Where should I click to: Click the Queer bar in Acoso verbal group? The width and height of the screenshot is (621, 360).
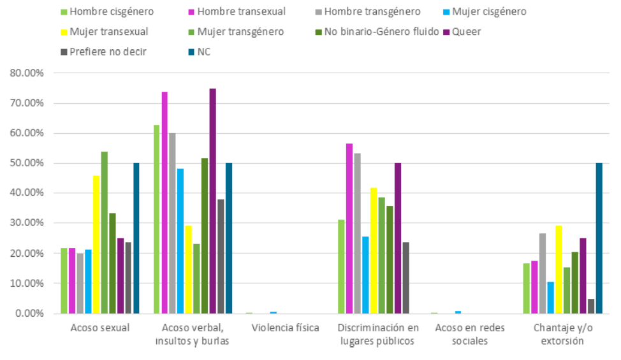(212, 201)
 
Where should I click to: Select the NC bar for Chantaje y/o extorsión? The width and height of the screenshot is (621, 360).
(599, 238)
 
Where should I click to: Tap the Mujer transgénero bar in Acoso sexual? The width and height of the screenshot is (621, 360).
(104, 233)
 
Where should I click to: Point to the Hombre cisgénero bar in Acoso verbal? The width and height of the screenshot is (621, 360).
(157, 219)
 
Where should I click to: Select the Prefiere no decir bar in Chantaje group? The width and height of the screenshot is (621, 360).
(591, 306)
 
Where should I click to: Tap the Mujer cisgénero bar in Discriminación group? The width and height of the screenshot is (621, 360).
(365, 275)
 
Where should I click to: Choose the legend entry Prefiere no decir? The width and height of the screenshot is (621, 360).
(107, 52)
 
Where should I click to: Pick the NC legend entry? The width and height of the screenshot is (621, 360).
(203, 52)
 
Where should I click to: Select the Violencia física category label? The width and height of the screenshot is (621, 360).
(285, 329)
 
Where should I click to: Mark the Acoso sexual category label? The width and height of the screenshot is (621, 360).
(99, 329)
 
